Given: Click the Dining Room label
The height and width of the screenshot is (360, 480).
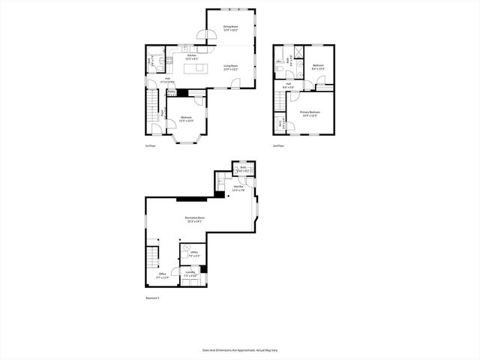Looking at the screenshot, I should tap(230, 29).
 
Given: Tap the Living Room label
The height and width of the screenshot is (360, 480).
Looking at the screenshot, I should tap(230, 67).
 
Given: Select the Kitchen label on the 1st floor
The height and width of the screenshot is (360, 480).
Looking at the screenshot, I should tap(192, 56).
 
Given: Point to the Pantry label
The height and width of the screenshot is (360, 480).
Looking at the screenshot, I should tap(172, 93).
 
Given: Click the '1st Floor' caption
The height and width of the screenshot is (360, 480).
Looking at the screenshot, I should tap(150, 146).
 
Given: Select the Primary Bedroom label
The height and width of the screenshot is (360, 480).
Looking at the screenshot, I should tap(308, 114).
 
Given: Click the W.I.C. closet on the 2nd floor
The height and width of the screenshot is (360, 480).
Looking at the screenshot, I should tap(280, 125).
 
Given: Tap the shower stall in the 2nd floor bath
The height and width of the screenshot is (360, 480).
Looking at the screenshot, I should tap(298, 53).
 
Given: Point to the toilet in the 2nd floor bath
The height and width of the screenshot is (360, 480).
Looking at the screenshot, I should tap(279, 70).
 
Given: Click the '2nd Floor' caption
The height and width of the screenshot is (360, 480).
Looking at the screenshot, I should tap(278, 146).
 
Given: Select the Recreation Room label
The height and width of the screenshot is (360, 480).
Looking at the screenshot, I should tap(195, 219).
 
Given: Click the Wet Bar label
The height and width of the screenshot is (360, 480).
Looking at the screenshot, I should tap(238, 190).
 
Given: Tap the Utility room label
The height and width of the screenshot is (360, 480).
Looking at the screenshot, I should tap(193, 253).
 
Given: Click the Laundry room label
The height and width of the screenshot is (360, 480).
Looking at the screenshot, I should tap(190, 274).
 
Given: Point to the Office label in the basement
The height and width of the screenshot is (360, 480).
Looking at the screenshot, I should tap(161, 276).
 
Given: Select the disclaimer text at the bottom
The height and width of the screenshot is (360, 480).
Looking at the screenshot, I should tap(239, 349).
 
